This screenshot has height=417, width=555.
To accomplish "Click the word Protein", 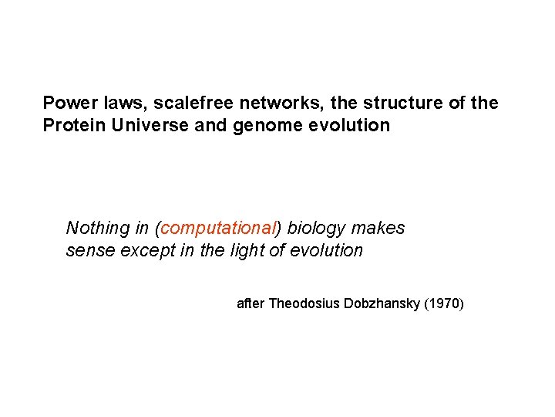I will tap(73, 125).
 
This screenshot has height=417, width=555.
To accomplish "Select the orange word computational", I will tap(217, 229).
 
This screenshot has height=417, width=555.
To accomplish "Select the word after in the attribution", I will tap(251, 304).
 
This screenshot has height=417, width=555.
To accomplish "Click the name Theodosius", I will tap(301, 304).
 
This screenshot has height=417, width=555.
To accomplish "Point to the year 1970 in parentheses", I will tap(445, 304).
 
